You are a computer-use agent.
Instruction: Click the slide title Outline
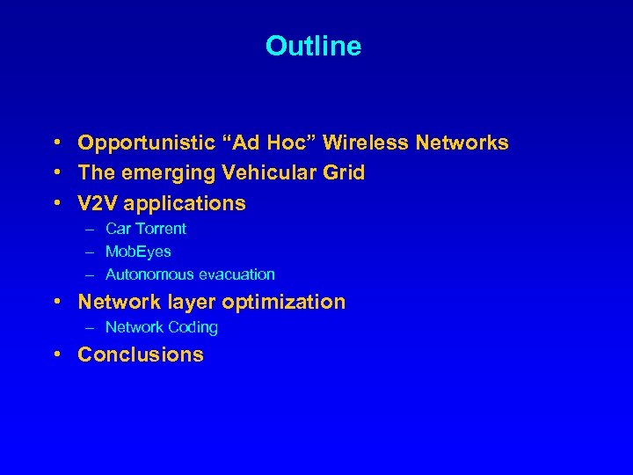pyautogui.click(x=313, y=46)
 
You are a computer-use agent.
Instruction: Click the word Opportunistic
pyautogui.click(x=145, y=142)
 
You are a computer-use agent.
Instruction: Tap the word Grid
pyautogui.click(x=344, y=172)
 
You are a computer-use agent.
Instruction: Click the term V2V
pyautogui.click(x=98, y=203)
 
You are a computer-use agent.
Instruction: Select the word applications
pyautogui.click(x=185, y=203)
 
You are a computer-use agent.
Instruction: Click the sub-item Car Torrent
pyautogui.click(x=146, y=229)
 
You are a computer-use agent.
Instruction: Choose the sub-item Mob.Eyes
pyautogui.click(x=138, y=252)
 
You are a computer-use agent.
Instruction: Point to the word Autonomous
pyautogui.click(x=145, y=274)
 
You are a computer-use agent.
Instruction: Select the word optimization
pyautogui.click(x=283, y=302)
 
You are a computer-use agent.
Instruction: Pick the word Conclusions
pyautogui.click(x=141, y=354)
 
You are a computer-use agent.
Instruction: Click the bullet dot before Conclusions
pyautogui.click(x=55, y=354)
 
